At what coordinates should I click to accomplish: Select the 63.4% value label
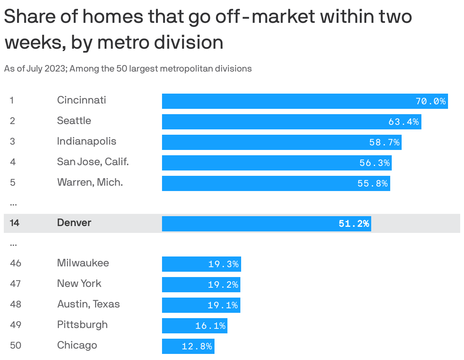coord(404,122)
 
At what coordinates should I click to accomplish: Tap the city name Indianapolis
coord(87,142)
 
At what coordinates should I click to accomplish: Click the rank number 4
coord(13,162)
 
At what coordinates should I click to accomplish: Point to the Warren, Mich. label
coord(90,183)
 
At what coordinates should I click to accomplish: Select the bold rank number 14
coord(14,223)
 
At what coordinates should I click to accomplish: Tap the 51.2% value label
coord(354,223)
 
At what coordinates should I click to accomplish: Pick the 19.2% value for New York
coord(223,285)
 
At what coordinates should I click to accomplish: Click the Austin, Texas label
coord(88,304)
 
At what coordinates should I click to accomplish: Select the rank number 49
coord(16,325)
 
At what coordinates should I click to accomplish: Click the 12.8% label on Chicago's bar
coord(197,347)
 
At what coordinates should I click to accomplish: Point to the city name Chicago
coord(77,346)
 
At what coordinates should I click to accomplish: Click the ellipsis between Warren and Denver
coord(13,204)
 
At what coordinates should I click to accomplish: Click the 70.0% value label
coord(431,101)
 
